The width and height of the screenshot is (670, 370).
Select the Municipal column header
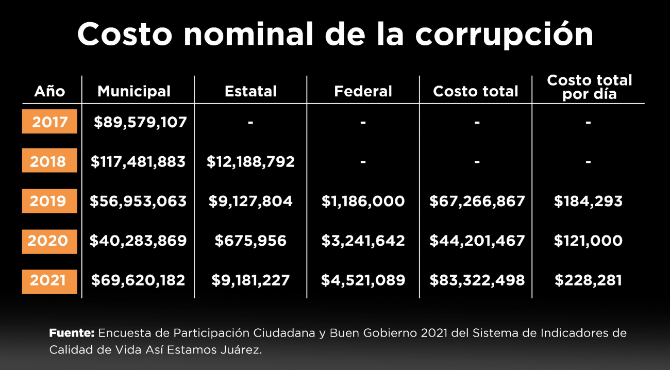[134, 91]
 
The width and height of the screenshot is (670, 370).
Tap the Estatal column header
[250, 91]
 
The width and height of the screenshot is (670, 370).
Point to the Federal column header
[363, 91]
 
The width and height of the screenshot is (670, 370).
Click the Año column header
[49, 91]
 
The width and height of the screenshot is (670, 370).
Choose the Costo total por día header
[589, 87]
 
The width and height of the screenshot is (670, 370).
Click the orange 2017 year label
[49, 122]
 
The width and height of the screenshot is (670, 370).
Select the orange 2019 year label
[49, 201]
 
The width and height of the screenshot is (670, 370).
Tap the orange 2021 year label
[49, 280]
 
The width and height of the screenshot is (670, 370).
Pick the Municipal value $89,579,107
[140, 122]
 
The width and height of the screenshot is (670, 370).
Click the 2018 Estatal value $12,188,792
[250, 162]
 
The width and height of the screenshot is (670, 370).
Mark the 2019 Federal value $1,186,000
[363, 201]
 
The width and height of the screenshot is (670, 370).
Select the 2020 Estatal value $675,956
[250, 241]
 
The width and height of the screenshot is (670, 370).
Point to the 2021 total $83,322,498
[477, 280]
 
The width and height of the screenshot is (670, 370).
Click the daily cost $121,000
[588, 241]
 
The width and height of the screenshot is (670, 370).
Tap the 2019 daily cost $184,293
[588, 201]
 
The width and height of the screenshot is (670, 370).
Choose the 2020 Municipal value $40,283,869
[138, 241]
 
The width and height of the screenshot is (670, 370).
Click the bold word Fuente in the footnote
[72, 333]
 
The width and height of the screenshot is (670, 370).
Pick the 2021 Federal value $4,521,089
[363, 280]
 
